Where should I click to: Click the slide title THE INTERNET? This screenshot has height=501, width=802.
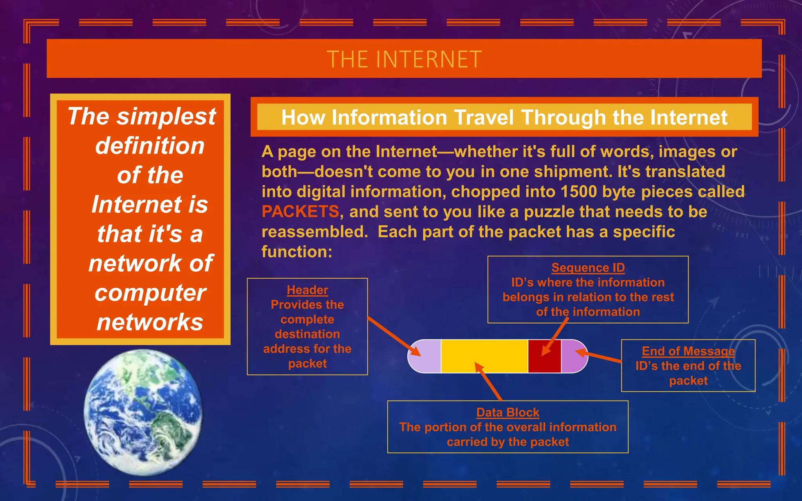coord(404,59)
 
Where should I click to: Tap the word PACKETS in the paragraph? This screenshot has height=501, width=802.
coord(300,212)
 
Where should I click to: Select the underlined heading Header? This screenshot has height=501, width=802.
coord(307,290)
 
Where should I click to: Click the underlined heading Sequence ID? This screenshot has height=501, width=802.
coord(588,268)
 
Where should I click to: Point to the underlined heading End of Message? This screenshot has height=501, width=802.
coord(688,351)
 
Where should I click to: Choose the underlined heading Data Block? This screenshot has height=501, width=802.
coord(508,413)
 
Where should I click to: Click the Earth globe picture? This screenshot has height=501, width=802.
coord(143,412)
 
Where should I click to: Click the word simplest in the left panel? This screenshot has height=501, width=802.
coord(166,116)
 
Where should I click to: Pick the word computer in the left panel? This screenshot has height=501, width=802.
coord(150,293)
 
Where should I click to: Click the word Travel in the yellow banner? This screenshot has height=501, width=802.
coord(484,117)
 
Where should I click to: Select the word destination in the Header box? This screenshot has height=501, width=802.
coord(307,334)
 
